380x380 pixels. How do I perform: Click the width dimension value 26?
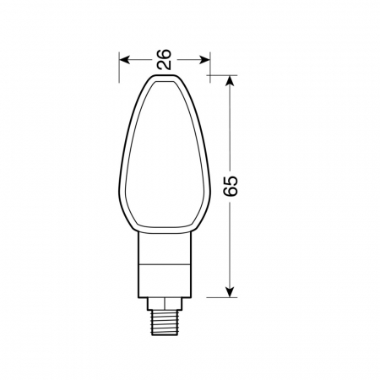(165, 59)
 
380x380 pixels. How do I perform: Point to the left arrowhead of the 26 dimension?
(124, 59)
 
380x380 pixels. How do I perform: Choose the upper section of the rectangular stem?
(165, 249)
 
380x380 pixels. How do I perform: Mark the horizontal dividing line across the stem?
(165, 265)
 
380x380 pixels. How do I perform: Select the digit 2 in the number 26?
(165, 65)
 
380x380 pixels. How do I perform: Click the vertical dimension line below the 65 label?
(230, 245)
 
